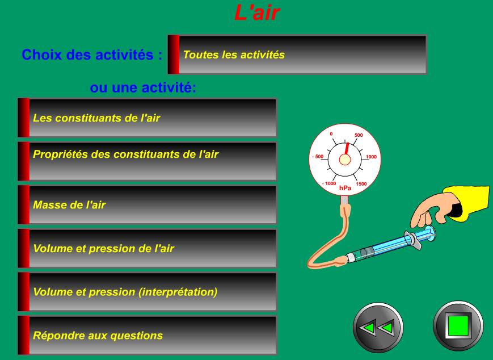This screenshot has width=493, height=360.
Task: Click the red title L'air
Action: pos(257,12)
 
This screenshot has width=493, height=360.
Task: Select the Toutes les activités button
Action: pos(297,55)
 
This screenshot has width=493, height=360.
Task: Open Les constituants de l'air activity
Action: pos(147,118)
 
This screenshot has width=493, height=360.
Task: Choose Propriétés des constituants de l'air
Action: pos(147,161)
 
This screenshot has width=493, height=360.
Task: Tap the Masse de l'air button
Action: pos(147,204)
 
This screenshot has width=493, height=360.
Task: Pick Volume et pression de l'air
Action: pos(147,248)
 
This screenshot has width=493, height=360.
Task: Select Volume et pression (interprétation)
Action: pos(147,291)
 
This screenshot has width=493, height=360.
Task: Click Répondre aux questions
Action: pos(147,335)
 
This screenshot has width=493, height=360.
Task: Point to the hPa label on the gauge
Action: pos(345,188)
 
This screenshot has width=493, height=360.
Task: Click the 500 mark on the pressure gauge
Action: pos(359,135)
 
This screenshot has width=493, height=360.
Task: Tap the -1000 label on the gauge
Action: pos(329,183)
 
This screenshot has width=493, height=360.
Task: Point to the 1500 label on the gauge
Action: pos(361,184)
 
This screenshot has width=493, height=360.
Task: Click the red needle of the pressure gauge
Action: pos(347,149)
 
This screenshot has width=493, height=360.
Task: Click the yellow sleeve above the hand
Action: pos(469,203)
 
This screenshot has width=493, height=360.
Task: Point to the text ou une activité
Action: pos(143,87)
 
